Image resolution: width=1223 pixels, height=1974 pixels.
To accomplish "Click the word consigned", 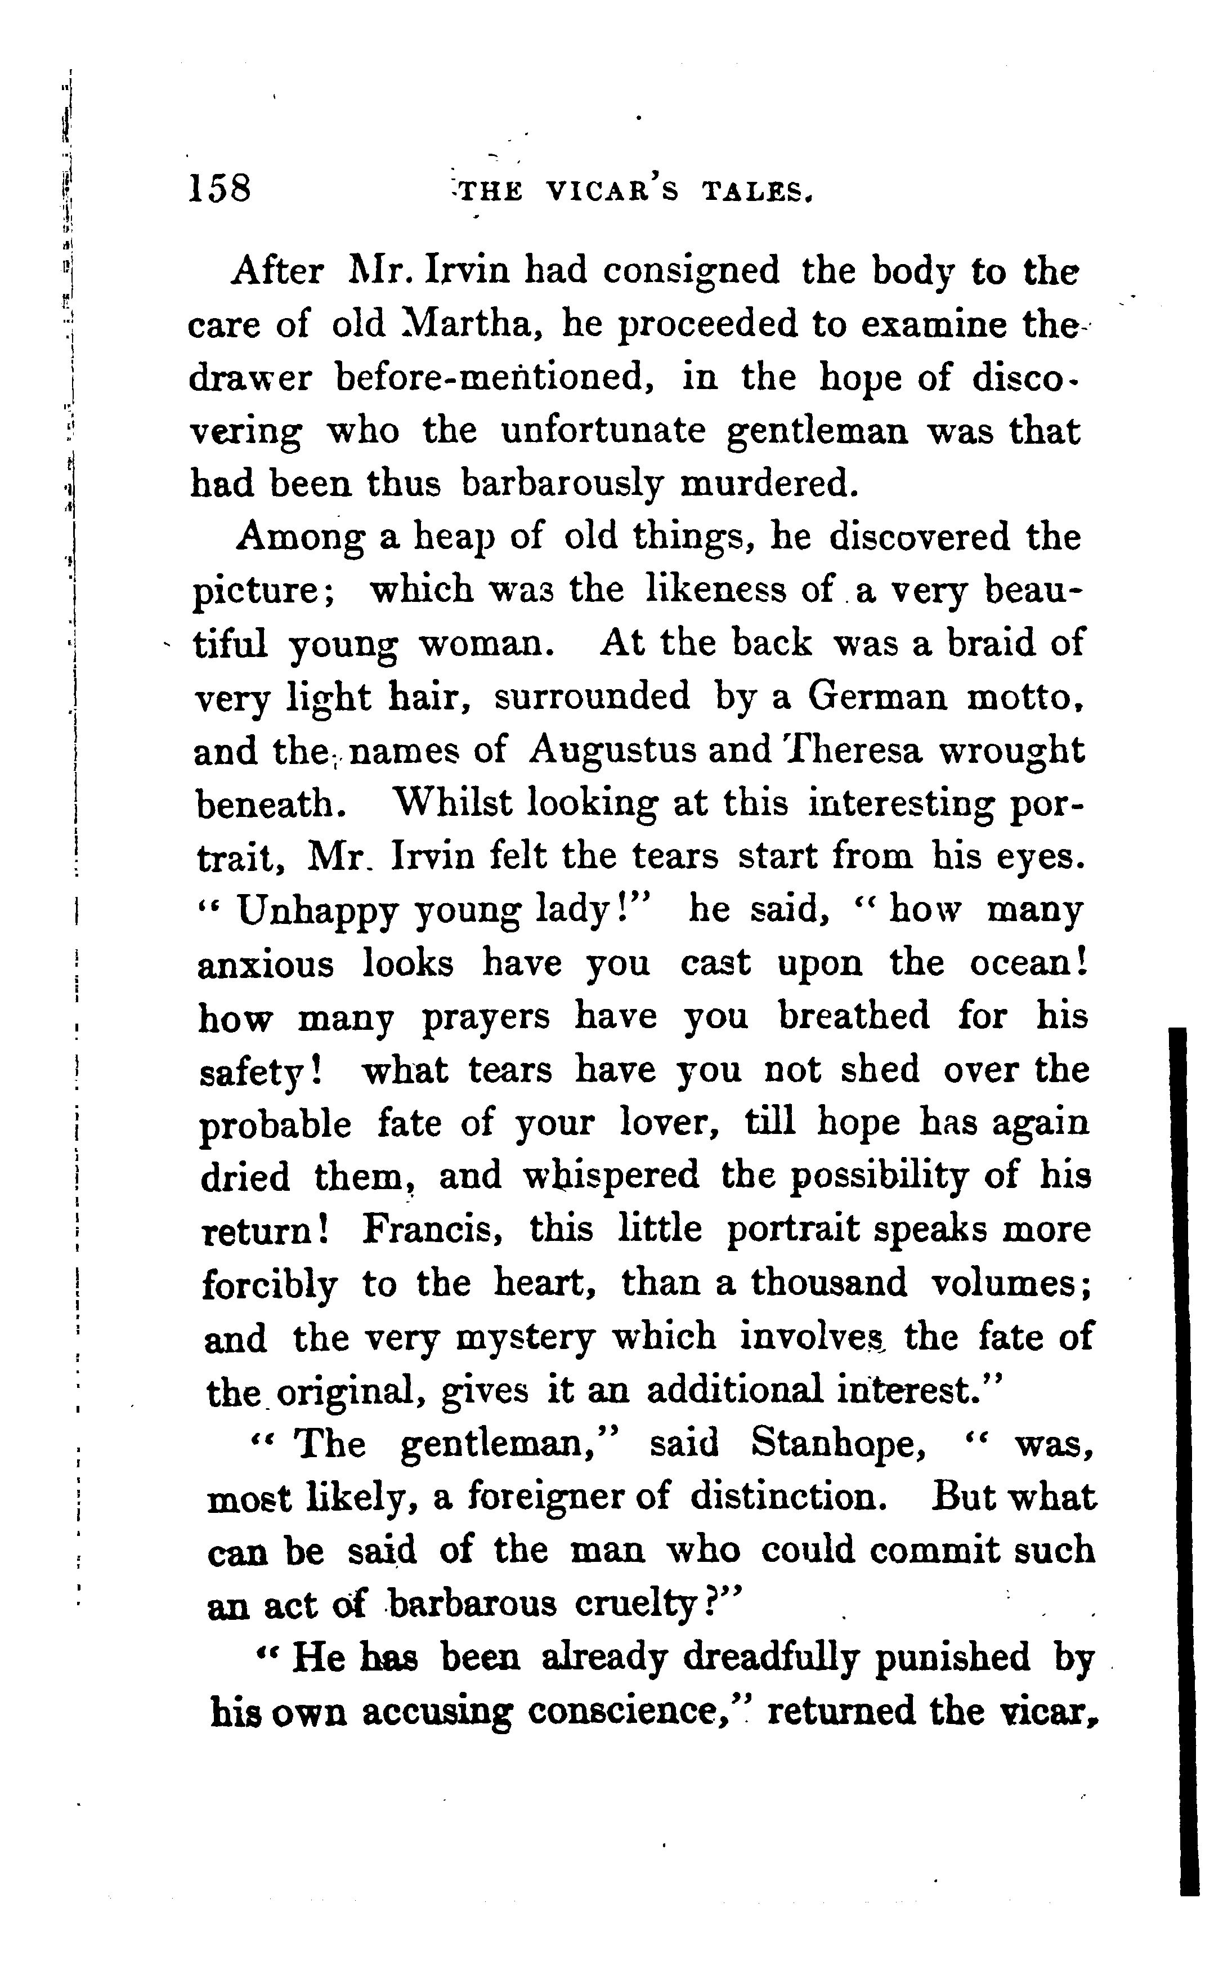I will (x=692, y=272).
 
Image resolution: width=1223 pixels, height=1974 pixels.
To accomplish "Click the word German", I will (x=877, y=696).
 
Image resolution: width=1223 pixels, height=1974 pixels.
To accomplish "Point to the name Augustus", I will (x=612, y=750).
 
